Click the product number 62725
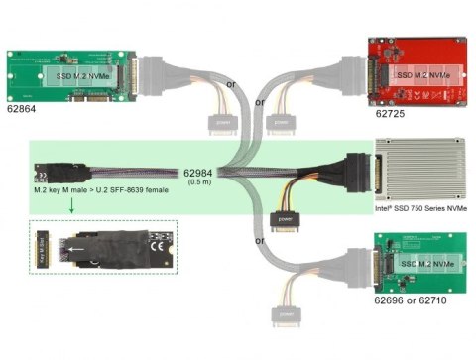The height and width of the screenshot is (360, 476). coord(391,114)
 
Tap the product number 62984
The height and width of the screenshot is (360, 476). coord(202,171)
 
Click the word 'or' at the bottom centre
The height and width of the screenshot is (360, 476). coord(260,241)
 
